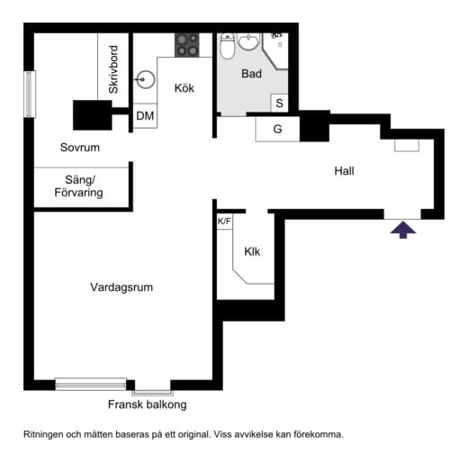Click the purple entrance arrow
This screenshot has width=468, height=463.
pos(404,231)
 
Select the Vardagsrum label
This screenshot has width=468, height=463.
pos(121,288)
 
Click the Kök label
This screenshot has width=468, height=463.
pos(184,88)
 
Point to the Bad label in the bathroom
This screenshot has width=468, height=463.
pos(252,75)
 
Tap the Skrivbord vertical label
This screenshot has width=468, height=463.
pos(114,69)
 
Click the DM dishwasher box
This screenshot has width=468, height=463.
pos(144,116)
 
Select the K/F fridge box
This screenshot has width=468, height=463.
pos(223,222)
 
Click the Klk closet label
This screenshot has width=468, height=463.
pos(252,252)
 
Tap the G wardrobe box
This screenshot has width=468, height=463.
pos(277,129)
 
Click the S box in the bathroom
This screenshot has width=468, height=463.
pos(279,104)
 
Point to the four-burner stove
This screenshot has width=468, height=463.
pos(187,45)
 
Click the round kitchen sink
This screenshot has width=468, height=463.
pos(145,78)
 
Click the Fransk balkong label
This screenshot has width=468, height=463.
pos(148,405)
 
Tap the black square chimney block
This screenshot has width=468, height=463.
pos(92,114)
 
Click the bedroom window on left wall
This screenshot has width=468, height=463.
pos(29,93)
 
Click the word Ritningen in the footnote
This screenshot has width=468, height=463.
pos(44,434)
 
